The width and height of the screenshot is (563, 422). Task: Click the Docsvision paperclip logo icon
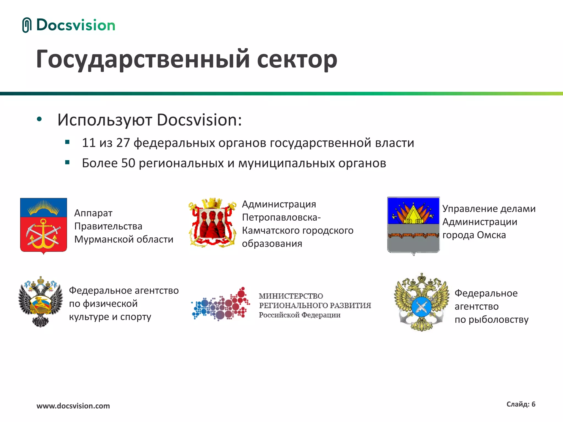[27, 25]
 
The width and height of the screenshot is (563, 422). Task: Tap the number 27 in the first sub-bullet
[123, 143]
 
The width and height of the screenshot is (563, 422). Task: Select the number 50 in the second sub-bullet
[128, 163]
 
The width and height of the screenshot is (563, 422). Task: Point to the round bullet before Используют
[39, 120]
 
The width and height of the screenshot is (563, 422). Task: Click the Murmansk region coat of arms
[43, 225]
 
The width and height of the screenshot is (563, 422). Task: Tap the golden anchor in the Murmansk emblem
[43, 234]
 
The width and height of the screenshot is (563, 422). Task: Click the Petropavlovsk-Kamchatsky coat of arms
[212, 223]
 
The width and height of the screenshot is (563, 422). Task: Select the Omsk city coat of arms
[413, 225]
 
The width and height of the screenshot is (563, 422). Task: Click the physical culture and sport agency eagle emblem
[40, 301]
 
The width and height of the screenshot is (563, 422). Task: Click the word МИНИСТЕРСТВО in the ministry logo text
[291, 296]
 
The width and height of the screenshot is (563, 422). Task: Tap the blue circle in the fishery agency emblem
[421, 307]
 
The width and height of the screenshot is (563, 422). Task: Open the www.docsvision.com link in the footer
[73, 406]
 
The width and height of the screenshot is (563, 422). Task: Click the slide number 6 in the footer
[533, 404]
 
